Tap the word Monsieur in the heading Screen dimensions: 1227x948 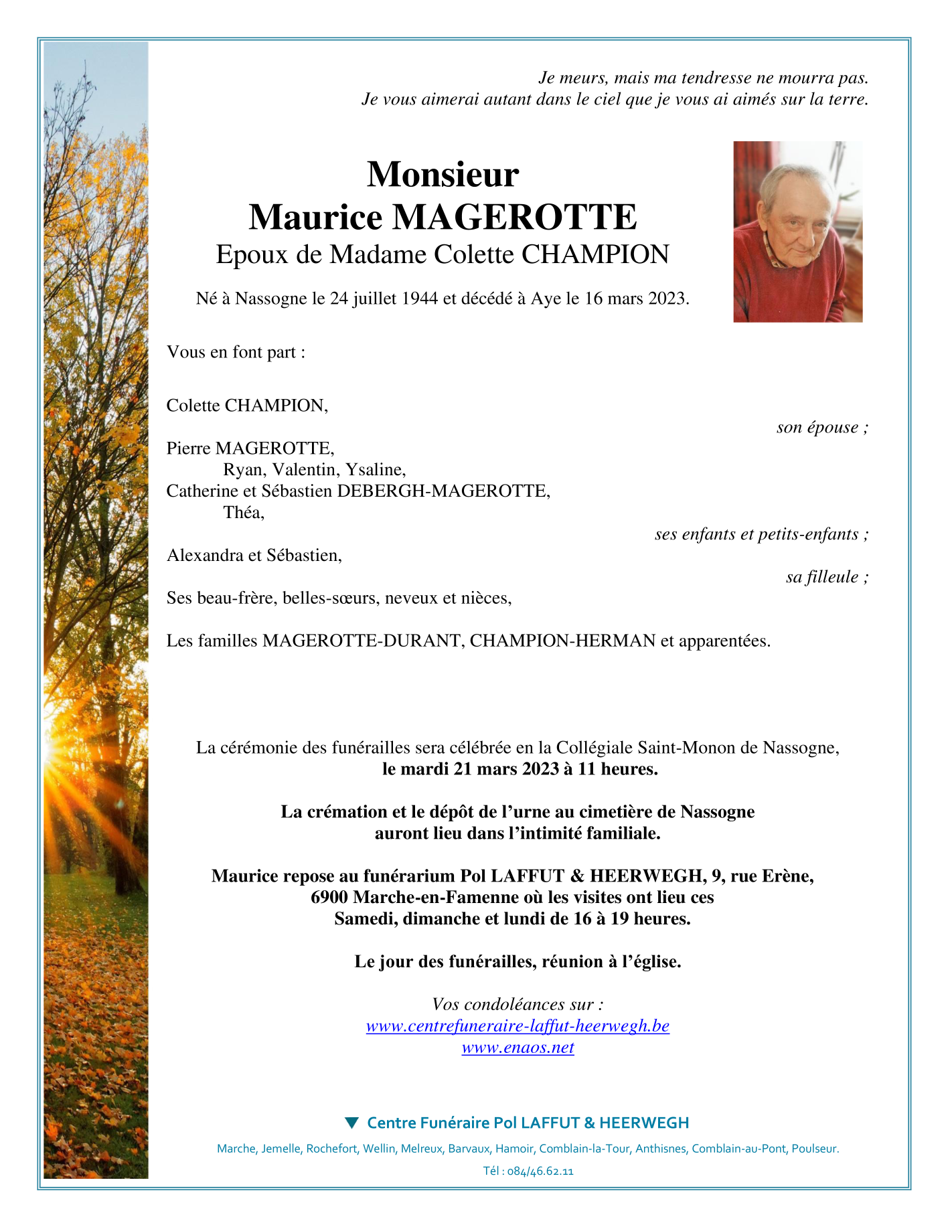click(443, 174)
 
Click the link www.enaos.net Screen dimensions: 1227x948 click(518, 1048)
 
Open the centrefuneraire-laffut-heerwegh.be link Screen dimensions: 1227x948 click(518, 1026)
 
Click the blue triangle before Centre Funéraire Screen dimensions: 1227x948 click(351, 1122)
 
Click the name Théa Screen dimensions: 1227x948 click(243, 513)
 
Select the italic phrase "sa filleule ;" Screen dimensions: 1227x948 click(827, 577)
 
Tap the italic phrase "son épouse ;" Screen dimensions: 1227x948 click(822, 427)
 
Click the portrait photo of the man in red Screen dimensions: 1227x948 click(797, 232)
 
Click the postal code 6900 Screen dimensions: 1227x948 click(329, 898)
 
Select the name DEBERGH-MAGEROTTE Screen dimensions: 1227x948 click(443, 491)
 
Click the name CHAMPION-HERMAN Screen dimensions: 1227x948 click(562, 641)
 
